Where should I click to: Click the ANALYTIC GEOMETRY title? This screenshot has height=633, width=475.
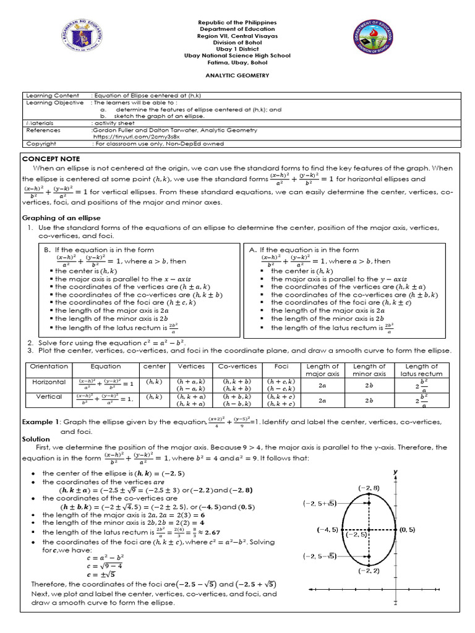(x=237, y=74)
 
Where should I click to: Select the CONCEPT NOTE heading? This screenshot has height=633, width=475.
(x=48, y=158)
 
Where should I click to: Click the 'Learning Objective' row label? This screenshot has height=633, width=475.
(x=54, y=103)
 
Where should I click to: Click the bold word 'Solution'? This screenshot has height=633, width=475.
(x=36, y=438)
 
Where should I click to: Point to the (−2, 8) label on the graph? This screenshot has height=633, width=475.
(x=370, y=488)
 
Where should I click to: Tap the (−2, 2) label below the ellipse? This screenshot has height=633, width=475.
(x=369, y=571)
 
